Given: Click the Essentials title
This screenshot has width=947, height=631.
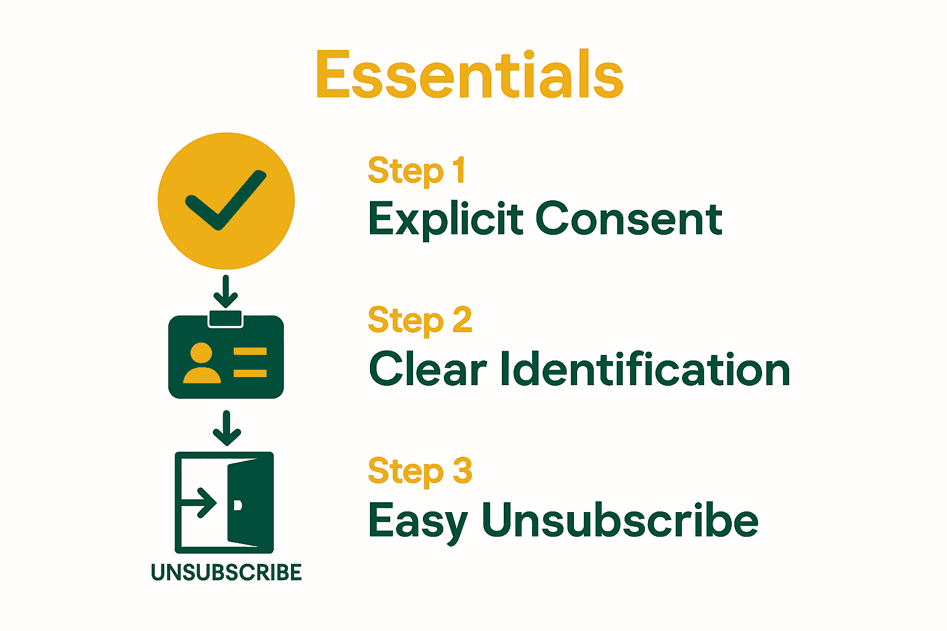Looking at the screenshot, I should pyautogui.click(x=469, y=75).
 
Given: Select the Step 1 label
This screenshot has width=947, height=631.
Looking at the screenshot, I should pyautogui.click(x=416, y=171).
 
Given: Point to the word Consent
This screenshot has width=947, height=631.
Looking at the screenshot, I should pyautogui.click(x=629, y=219).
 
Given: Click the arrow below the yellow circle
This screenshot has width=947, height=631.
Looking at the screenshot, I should pyautogui.click(x=226, y=291).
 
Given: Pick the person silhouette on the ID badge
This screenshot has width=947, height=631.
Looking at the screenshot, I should pyautogui.click(x=201, y=364).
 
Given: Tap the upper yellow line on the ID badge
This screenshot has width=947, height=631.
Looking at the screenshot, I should pyautogui.click(x=250, y=352).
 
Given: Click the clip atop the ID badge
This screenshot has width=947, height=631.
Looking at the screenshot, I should pyautogui.click(x=226, y=319).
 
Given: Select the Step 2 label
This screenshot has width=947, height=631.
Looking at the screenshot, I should pyautogui.click(x=420, y=321).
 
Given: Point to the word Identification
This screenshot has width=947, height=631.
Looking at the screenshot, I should pyautogui.click(x=645, y=370).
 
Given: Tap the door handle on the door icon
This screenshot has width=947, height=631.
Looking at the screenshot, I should pyautogui.click(x=238, y=505).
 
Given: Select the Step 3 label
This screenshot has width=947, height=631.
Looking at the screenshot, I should pyautogui.click(x=420, y=471).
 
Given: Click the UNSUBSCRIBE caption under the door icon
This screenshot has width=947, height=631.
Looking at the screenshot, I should pyautogui.click(x=226, y=572).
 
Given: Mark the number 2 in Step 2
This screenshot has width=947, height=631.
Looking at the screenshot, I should pyautogui.click(x=462, y=320).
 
